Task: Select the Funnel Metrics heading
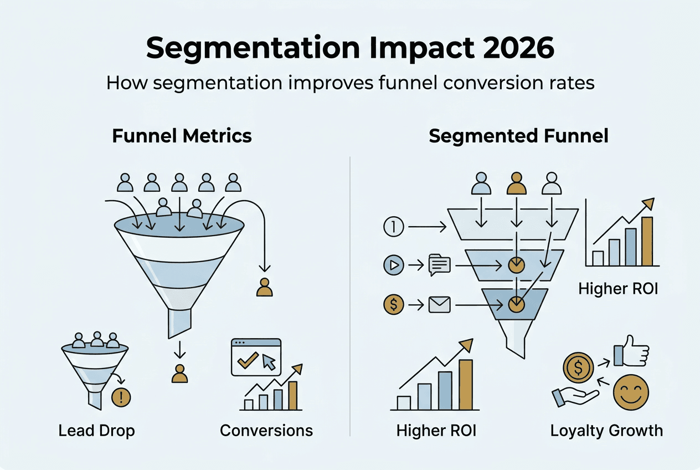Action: (x=182, y=136)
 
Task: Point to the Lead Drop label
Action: (x=96, y=431)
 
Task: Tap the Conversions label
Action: (x=266, y=431)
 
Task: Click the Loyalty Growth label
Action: (x=606, y=431)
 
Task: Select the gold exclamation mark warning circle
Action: (x=121, y=397)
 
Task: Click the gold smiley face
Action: (x=631, y=392)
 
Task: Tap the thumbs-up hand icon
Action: (x=631, y=351)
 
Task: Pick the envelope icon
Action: (x=440, y=305)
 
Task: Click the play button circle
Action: (x=394, y=265)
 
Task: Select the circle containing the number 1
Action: (x=394, y=227)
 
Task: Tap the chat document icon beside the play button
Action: (x=440, y=265)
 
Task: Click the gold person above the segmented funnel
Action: (x=517, y=183)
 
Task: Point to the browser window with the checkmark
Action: (x=256, y=357)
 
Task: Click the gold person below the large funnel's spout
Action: (x=179, y=374)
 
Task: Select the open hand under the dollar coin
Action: (x=575, y=396)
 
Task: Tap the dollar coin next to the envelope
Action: (x=394, y=305)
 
